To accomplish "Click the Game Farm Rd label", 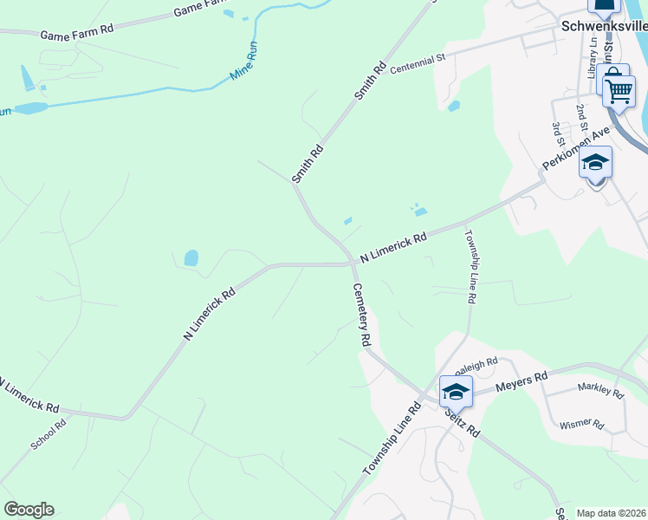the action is (77, 30).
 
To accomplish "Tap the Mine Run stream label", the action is (244, 68).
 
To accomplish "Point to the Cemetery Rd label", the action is (361, 315).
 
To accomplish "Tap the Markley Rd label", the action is (600, 391).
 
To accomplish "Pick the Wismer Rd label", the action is (581, 423).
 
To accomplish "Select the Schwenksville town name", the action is (605, 26).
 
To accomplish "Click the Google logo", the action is (29, 510).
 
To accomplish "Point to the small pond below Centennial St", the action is (454, 107).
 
